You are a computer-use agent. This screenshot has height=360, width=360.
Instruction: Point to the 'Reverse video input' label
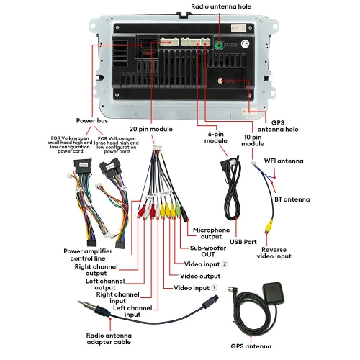(x=274, y=253)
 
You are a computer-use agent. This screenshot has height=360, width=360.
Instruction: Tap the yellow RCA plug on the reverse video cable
(x=266, y=224)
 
